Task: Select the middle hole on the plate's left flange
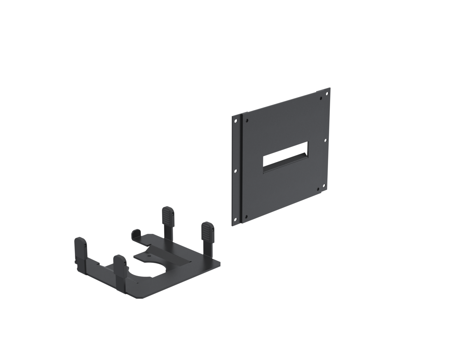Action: (235, 171)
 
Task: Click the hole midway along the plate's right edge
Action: (325, 141)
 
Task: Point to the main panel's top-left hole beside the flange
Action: (247, 120)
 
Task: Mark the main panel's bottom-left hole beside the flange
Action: (246, 216)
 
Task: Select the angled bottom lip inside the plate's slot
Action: (285, 168)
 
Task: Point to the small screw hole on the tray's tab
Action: (149, 256)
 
